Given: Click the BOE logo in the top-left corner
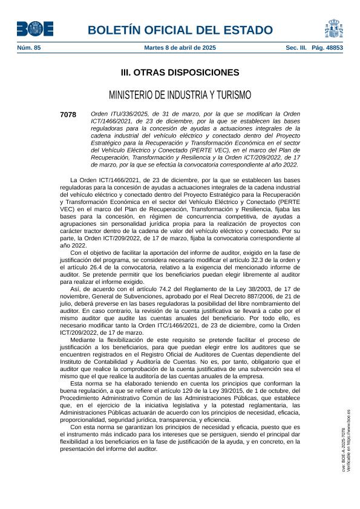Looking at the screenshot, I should tap(34, 29).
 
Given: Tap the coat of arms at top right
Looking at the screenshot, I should tap(334, 28).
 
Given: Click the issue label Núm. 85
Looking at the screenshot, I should tap(28, 47).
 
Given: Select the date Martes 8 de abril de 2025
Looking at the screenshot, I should tap(180, 47).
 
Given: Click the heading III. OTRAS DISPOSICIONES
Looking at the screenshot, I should tap(180, 73).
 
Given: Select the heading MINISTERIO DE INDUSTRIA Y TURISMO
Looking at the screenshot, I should tap(180, 95).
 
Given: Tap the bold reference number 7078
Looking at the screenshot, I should tap(68, 114).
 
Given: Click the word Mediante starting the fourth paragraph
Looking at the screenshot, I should tap(85, 340).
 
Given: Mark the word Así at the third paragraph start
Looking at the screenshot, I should tap(76, 289).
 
